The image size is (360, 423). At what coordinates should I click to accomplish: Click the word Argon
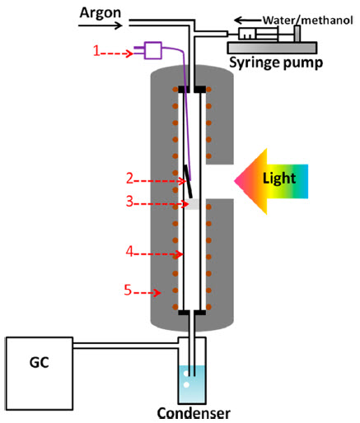coord(101,13)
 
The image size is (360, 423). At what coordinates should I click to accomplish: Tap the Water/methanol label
coord(307,21)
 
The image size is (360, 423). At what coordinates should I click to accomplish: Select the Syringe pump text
coord(276,63)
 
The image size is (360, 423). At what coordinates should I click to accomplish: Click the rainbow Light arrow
coord(271,181)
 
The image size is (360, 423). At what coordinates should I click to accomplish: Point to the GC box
coord(40,374)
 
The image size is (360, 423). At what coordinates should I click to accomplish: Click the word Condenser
coord(194,413)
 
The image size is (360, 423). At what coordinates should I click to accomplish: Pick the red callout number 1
coord(96,51)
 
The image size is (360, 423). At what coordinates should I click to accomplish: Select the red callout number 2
coord(129,179)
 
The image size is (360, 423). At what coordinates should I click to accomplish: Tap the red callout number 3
coord(129,201)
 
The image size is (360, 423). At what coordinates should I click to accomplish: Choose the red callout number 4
coord(129,251)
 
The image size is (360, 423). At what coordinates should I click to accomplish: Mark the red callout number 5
coord(128,290)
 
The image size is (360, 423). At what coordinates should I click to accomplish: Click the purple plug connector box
coord(153,50)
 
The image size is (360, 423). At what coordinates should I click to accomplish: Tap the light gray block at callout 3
coord(192,204)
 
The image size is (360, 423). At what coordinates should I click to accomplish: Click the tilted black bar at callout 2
coord(188,181)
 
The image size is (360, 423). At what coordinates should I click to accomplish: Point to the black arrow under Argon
coord(101,26)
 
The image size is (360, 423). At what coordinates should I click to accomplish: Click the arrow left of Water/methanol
coord(248,21)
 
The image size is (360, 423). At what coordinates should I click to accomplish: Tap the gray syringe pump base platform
coord(272,48)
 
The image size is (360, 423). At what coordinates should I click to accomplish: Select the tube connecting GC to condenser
coord(126,346)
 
